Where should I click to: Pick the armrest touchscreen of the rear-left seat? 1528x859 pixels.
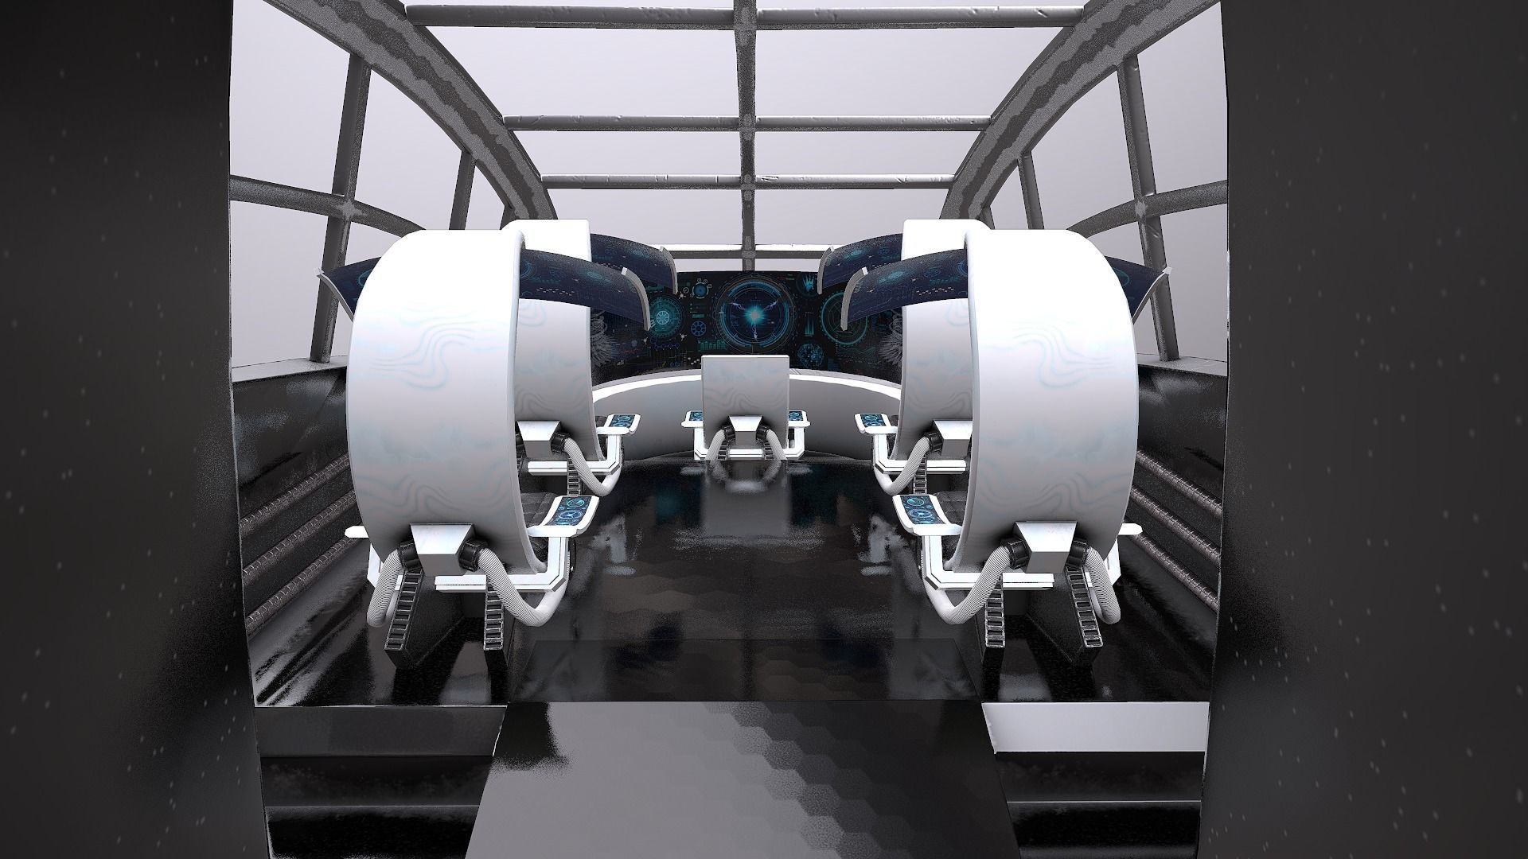pyautogui.click(x=621, y=419)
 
